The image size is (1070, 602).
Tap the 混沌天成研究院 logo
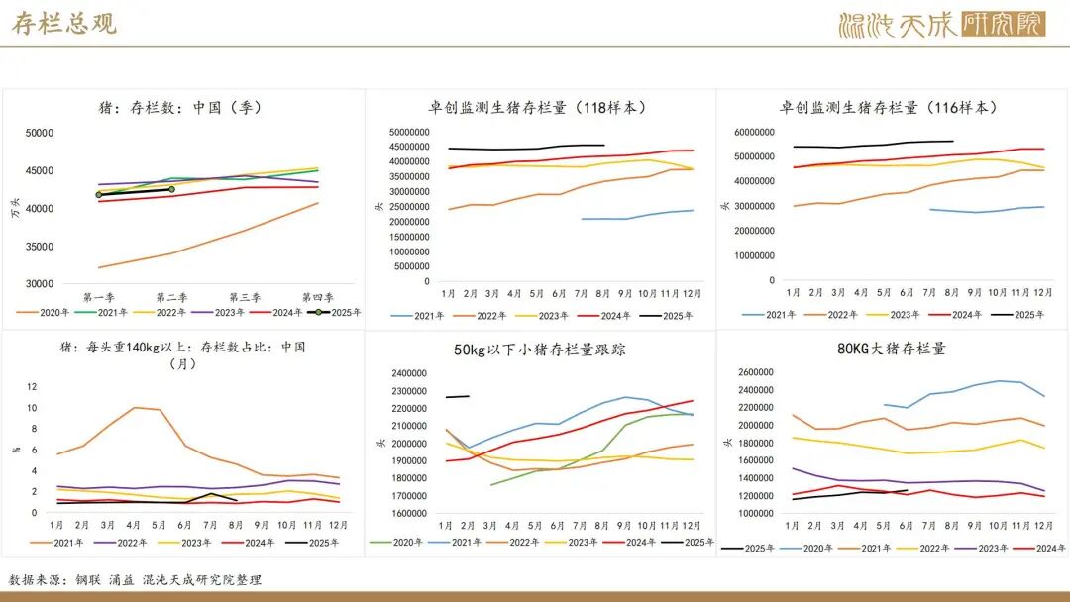[941, 24]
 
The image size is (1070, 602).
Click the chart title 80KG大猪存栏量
[891, 349]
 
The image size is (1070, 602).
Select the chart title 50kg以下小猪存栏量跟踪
[540, 350]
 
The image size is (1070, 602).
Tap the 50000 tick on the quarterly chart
[40, 133]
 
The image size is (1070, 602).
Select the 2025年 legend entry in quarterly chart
[336, 313]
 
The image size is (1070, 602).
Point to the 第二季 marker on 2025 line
[171, 189]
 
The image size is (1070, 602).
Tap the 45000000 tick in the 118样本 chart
[408, 147]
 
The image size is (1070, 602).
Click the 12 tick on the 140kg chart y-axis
[32, 387]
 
